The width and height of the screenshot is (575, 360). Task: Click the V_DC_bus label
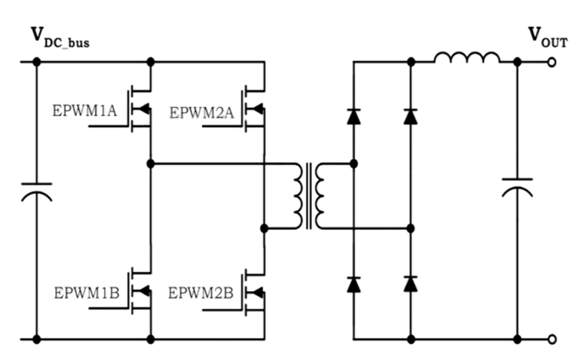coord(61,38)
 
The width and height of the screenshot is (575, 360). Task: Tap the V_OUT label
coord(548,37)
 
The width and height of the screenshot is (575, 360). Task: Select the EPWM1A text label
coord(85,111)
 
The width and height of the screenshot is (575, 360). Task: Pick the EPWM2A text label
coord(201,113)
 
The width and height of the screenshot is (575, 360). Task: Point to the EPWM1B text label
coord(87,293)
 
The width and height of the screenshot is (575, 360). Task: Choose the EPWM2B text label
coord(201,293)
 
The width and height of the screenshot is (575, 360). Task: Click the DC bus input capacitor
coord(37,192)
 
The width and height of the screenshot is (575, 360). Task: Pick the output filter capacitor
coord(517,187)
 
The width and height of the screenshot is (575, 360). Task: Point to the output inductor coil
coord(466,58)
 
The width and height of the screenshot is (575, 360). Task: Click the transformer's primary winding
coord(298,196)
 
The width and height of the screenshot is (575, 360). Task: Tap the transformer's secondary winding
coord(320,196)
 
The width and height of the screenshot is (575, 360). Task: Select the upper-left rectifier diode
coord(354,117)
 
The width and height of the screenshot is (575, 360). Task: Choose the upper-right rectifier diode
coord(411,117)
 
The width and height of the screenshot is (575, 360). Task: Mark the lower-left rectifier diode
coord(354,284)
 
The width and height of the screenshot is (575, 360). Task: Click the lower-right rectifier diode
coord(411,284)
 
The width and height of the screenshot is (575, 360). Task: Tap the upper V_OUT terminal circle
coord(552,62)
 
